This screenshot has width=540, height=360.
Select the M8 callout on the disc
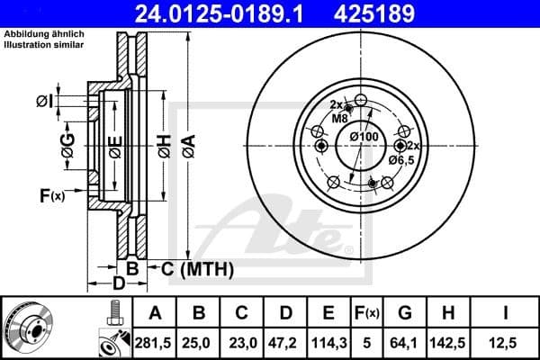pyautogui.click(x=339, y=118)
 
